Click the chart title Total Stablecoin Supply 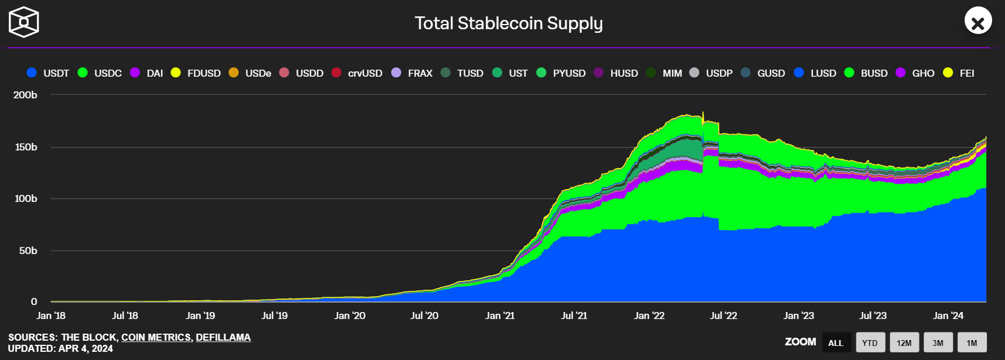point(508,23)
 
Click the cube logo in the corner point(24,22)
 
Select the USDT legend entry point(49,73)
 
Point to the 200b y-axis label point(25,95)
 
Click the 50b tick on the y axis point(28,251)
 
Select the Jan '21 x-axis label point(500,316)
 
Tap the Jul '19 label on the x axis point(275,316)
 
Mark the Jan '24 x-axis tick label point(948,316)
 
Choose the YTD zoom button point(870,342)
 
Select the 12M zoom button point(904,342)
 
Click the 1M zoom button point(972,342)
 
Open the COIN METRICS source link point(156,337)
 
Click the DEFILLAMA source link point(223,337)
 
